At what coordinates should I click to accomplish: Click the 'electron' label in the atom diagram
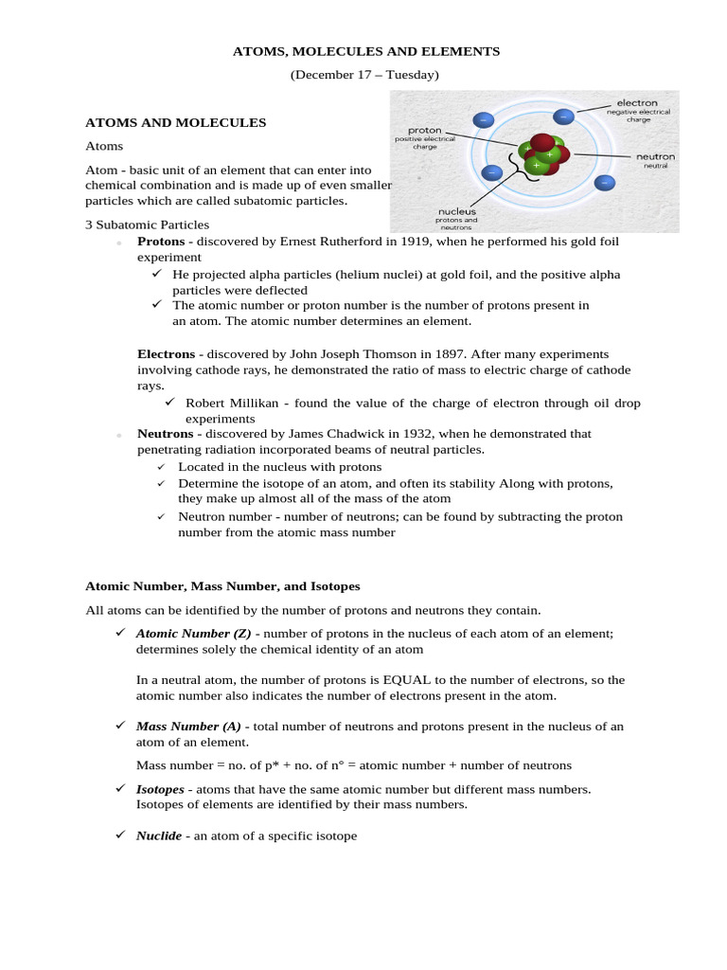pyautogui.click(x=637, y=102)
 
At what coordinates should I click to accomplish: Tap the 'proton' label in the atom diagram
pyautogui.click(x=425, y=130)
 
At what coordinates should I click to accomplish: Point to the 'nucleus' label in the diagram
pyautogui.click(x=455, y=211)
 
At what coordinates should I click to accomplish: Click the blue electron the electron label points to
pyautogui.click(x=564, y=117)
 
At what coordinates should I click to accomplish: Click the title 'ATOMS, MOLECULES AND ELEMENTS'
pyautogui.click(x=366, y=51)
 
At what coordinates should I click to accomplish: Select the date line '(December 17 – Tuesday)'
pyautogui.click(x=364, y=75)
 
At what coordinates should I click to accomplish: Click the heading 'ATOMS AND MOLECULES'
pyautogui.click(x=176, y=122)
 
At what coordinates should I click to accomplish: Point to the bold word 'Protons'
pyautogui.click(x=161, y=242)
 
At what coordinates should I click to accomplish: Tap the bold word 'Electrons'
pyautogui.click(x=167, y=353)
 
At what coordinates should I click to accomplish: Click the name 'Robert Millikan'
pyautogui.click(x=230, y=403)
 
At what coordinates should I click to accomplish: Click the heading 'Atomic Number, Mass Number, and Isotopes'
pyautogui.click(x=222, y=586)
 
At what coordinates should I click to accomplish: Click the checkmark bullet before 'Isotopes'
pyautogui.click(x=120, y=788)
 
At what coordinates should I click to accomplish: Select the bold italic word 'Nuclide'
pyautogui.click(x=159, y=836)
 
